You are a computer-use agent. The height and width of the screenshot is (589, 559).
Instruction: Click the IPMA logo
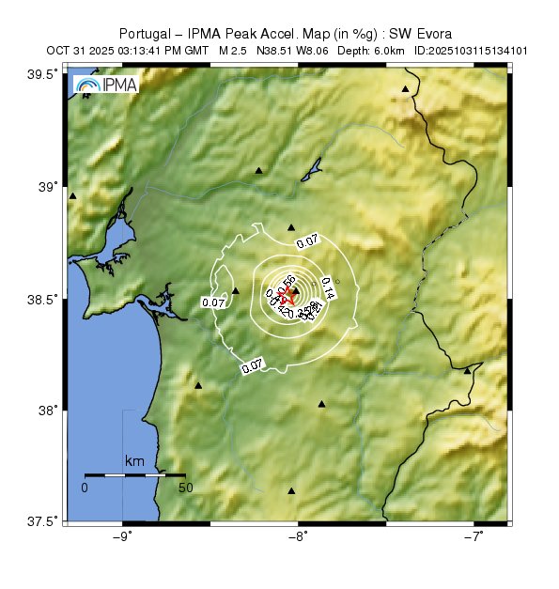click(104, 85)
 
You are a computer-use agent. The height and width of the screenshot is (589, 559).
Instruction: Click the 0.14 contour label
click(328, 287)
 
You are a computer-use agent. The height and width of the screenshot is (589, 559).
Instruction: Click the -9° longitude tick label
click(122, 536)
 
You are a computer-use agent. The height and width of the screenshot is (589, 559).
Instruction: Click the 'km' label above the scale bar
click(134, 462)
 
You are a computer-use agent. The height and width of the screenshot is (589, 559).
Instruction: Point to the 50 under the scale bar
click(186, 488)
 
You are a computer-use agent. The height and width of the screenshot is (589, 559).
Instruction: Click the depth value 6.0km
click(389, 48)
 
